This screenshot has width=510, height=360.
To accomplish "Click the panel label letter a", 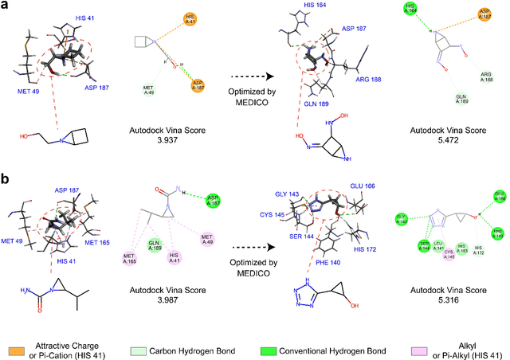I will click(6, 6).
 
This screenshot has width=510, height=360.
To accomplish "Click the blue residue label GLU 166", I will click(363, 166).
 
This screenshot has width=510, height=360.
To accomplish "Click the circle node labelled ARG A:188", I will click(486, 77).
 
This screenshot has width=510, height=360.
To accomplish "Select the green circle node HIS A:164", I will click(410, 9).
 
